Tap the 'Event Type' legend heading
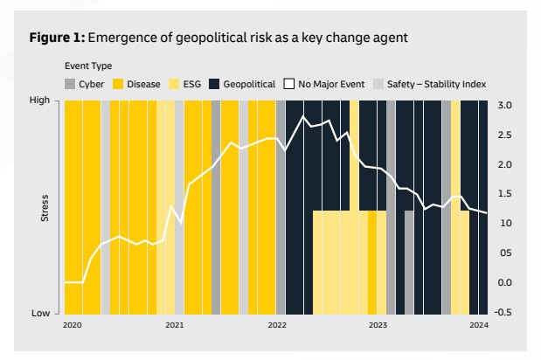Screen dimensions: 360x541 pyautogui.click(x=88, y=66)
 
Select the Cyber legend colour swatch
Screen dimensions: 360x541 pyautogui.click(x=70, y=84)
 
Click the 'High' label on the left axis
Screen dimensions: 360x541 pyautogui.click(x=40, y=100)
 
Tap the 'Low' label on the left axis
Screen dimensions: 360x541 pyautogui.click(x=41, y=313)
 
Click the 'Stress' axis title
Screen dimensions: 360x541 pyautogui.click(x=45, y=208)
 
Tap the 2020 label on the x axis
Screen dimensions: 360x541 pyautogui.click(x=72, y=325)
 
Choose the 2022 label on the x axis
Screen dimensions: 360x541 pyautogui.click(x=276, y=325)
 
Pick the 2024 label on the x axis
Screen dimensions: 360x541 pyautogui.click(x=478, y=325)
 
